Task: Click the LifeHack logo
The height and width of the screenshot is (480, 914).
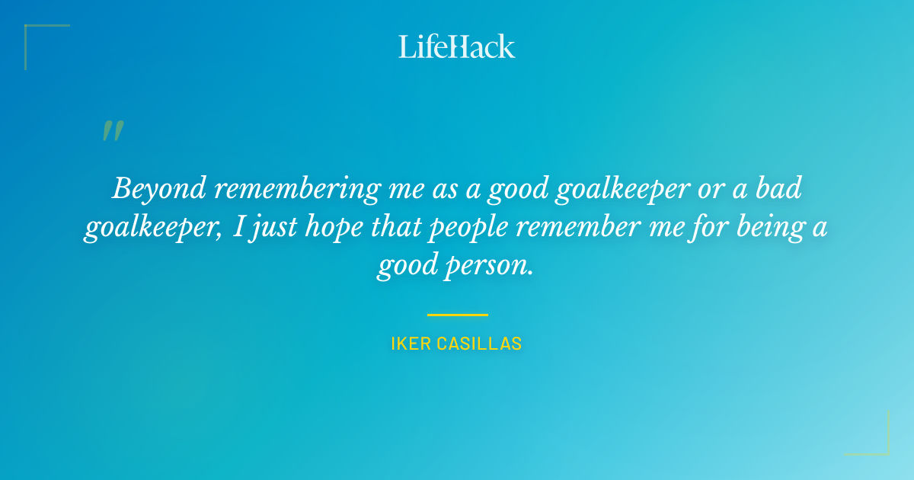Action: click(457, 46)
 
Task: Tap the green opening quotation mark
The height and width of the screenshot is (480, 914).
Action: click(113, 131)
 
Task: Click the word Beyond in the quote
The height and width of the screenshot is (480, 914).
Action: click(158, 188)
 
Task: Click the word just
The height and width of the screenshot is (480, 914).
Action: click(270, 228)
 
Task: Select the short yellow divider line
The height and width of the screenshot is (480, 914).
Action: click(457, 314)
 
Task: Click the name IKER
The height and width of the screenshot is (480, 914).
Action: click(411, 344)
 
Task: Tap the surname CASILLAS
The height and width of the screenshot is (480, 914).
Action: click(479, 344)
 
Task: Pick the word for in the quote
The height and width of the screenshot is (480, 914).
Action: click(705, 228)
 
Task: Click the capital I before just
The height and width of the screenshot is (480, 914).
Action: click(239, 227)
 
